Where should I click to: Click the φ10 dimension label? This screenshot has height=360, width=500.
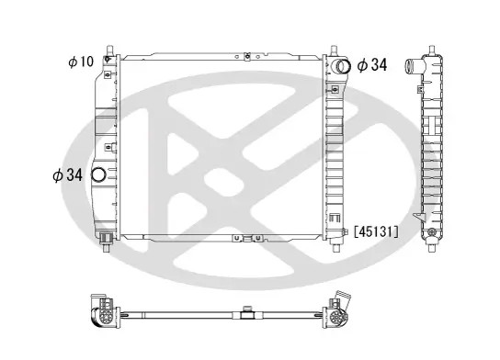point(81,62)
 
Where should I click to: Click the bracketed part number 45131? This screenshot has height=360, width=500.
point(376,231)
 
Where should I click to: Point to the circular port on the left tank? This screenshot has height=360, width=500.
point(100,175)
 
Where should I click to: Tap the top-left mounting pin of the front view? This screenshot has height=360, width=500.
point(109,47)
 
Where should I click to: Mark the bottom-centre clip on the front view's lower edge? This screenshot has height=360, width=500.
point(248,238)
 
